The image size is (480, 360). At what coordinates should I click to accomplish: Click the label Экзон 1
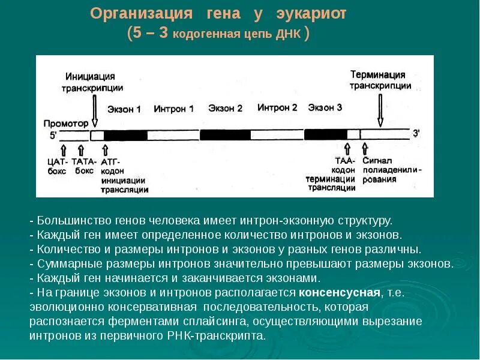[x=124, y=110]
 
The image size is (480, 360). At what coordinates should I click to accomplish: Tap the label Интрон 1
[x=173, y=109]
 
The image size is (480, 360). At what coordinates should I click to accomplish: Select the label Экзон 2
[x=225, y=109]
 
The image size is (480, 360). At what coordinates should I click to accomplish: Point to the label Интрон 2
[x=277, y=108]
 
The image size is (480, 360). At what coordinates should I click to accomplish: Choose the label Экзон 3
[x=325, y=107]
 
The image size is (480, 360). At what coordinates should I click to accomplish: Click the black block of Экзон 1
[x=125, y=135]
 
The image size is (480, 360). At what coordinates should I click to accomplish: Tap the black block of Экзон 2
[x=225, y=135]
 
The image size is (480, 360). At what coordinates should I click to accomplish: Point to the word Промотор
[x=66, y=123]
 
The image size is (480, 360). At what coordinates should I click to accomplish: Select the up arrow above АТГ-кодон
[x=104, y=149]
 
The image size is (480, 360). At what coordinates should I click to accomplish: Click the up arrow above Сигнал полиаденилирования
[x=364, y=149]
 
